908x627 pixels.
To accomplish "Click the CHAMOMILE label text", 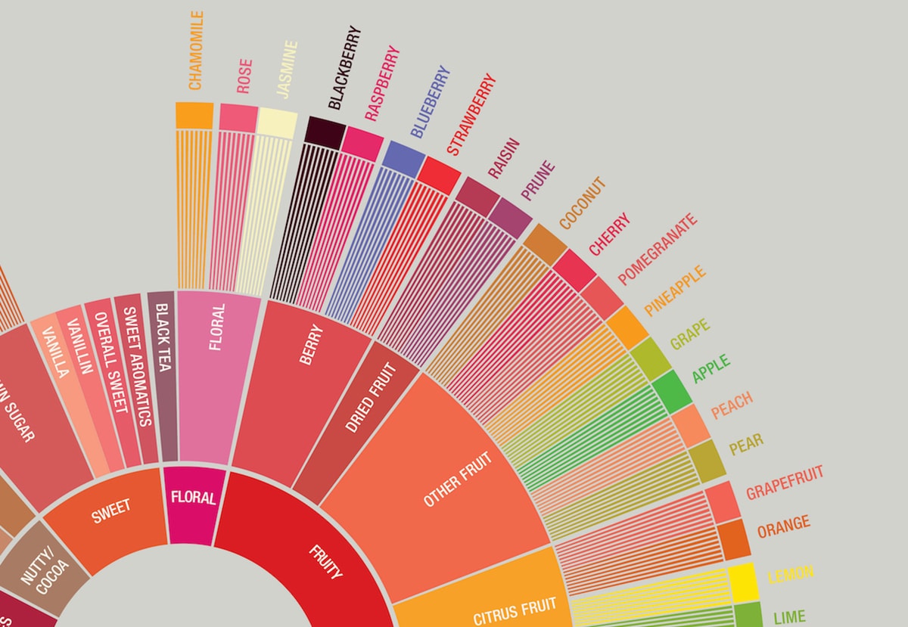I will click(x=195, y=51).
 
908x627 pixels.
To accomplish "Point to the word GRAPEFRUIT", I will click(x=785, y=483).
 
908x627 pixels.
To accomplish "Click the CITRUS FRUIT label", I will click(x=515, y=611).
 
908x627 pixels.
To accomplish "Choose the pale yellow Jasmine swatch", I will click(x=277, y=122).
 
